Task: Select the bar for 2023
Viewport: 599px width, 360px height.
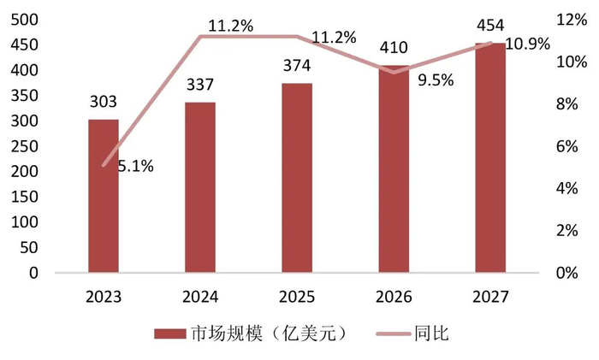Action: pyautogui.click(x=103, y=197)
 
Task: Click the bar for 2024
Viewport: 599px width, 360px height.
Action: pyautogui.click(x=200, y=188)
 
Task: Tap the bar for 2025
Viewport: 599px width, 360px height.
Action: pyautogui.click(x=297, y=179)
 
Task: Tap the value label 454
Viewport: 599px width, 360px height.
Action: pyautogui.click(x=491, y=26)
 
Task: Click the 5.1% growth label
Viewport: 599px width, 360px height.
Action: pyautogui.click(x=134, y=167)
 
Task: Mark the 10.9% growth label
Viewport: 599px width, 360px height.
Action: pyautogui.click(x=528, y=44)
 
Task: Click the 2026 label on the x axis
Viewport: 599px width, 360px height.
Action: pyautogui.click(x=394, y=297)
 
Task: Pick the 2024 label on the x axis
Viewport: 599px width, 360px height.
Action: pyautogui.click(x=200, y=297)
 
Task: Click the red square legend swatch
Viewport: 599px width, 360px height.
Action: pyautogui.click(x=169, y=333)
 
